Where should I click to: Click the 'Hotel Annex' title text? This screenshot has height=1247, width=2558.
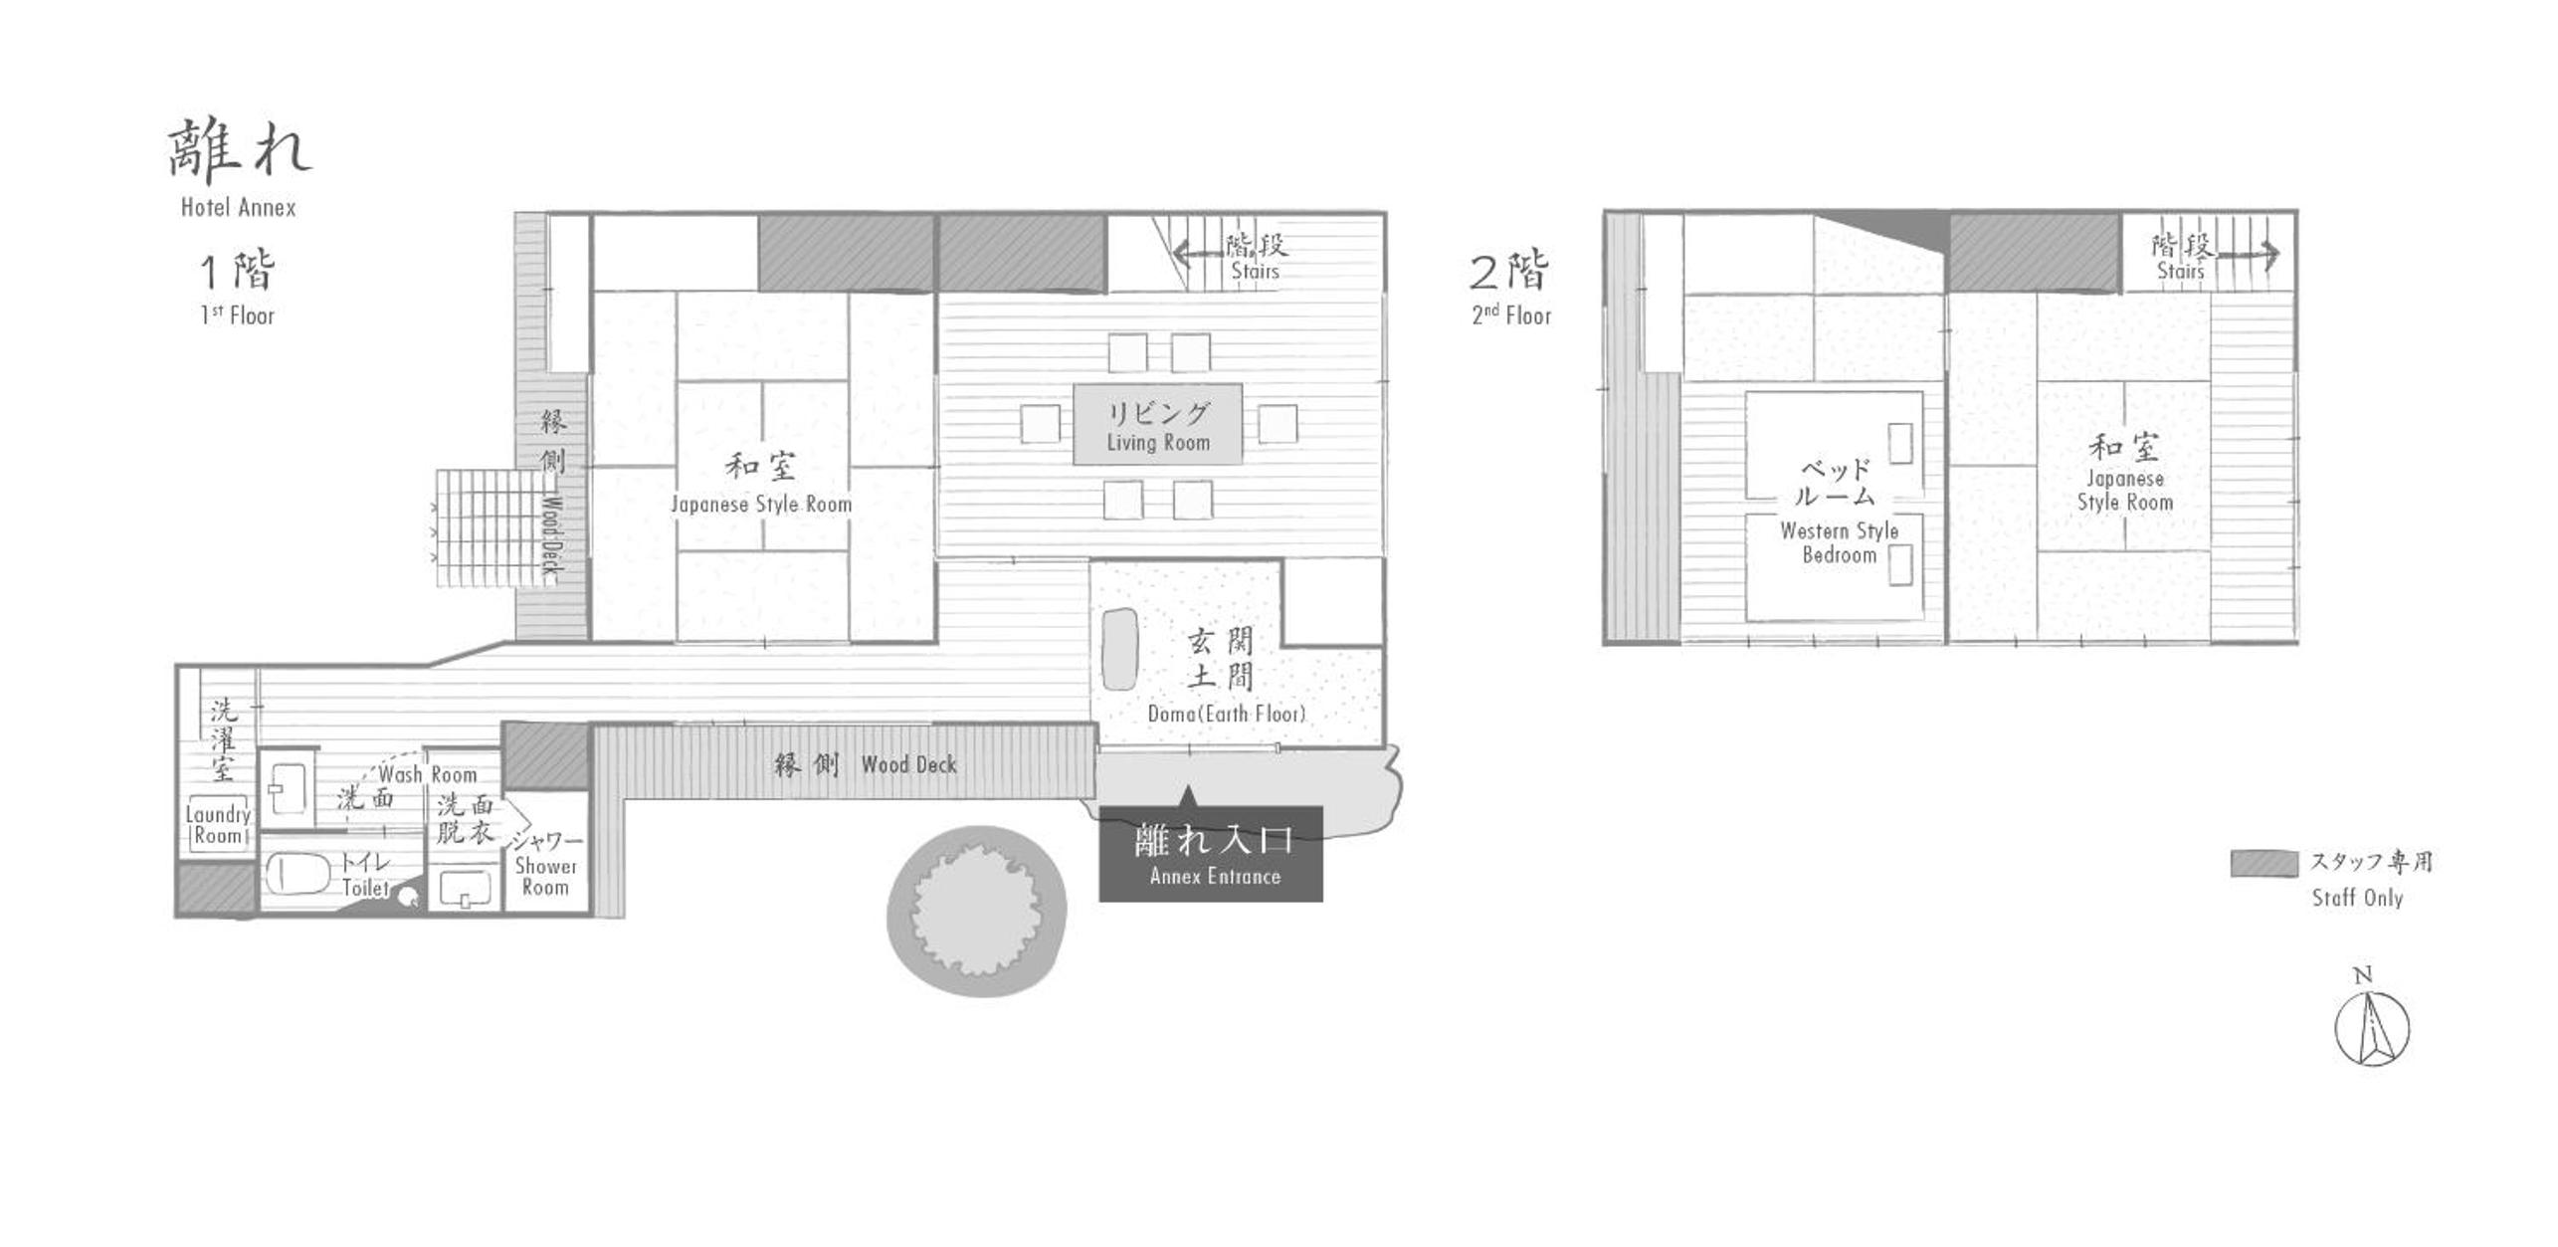[x=239, y=207]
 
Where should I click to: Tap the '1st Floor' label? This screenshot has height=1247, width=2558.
[x=237, y=315]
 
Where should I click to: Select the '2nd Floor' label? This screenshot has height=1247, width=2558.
[x=1511, y=315]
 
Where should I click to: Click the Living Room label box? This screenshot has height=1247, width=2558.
[x=1158, y=424]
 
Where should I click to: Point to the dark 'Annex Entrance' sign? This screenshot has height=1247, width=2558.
[x=1211, y=854]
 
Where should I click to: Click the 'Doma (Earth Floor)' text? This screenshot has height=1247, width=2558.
[x=1226, y=714]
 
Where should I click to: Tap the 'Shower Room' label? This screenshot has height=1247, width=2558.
[x=545, y=877]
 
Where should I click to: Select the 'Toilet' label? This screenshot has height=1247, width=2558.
[x=365, y=887]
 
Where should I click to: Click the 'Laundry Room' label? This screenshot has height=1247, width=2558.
[x=218, y=825]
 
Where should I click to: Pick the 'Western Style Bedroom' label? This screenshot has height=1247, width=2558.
[x=1840, y=543]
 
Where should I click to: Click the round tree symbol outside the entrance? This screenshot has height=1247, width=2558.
[x=977, y=911]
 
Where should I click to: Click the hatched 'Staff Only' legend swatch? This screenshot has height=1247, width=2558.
[x=2263, y=864]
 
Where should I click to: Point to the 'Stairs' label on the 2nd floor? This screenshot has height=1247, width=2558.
[x=2180, y=271]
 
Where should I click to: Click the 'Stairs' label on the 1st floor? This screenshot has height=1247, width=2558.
[x=1255, y=271]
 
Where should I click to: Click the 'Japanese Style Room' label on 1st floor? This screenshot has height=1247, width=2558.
[x=761, y=505]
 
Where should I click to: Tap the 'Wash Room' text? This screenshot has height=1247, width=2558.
[x=428, y=774]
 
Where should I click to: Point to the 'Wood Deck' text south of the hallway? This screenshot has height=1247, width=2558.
[x=909, y=764]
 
